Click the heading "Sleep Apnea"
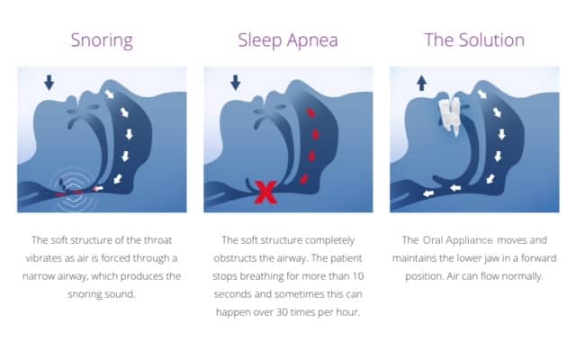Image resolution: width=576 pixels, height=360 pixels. point(287,40)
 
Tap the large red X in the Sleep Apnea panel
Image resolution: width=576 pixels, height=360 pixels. point(265,191)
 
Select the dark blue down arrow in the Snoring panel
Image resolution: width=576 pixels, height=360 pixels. point(49,83)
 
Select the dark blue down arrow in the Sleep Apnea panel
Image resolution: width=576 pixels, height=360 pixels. point(235,83)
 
